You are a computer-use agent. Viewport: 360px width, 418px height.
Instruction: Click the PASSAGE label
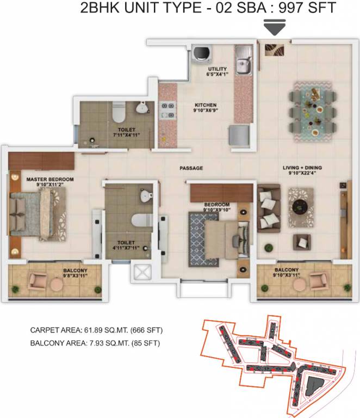tap(191, 168)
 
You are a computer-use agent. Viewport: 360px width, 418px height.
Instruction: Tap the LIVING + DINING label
tap(306, 167)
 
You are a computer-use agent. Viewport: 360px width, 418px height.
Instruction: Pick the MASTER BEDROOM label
tap(50, 179)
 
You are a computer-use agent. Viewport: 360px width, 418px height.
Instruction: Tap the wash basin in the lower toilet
tap(145, 195)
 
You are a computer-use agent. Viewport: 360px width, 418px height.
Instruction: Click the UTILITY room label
tap(218, 69)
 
